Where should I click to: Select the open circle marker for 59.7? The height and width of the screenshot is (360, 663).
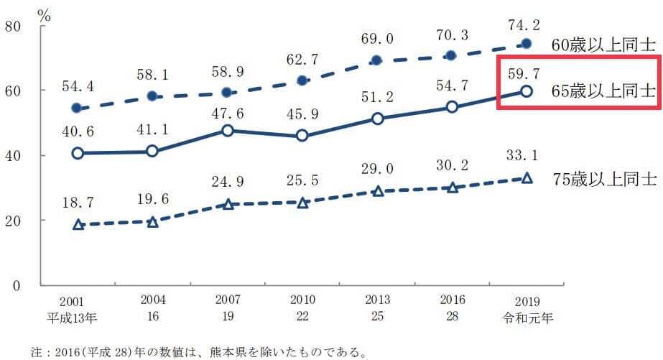pos(527,91)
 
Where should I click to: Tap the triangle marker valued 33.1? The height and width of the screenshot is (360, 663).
pos(527,178)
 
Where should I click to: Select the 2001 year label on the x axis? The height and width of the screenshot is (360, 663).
pos(77,303)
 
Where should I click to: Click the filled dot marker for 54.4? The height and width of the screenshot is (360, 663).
pos(77,108)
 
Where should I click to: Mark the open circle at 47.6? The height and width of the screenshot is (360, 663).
pos(228,131)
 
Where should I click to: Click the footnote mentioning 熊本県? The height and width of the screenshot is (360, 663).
pos(198,352)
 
